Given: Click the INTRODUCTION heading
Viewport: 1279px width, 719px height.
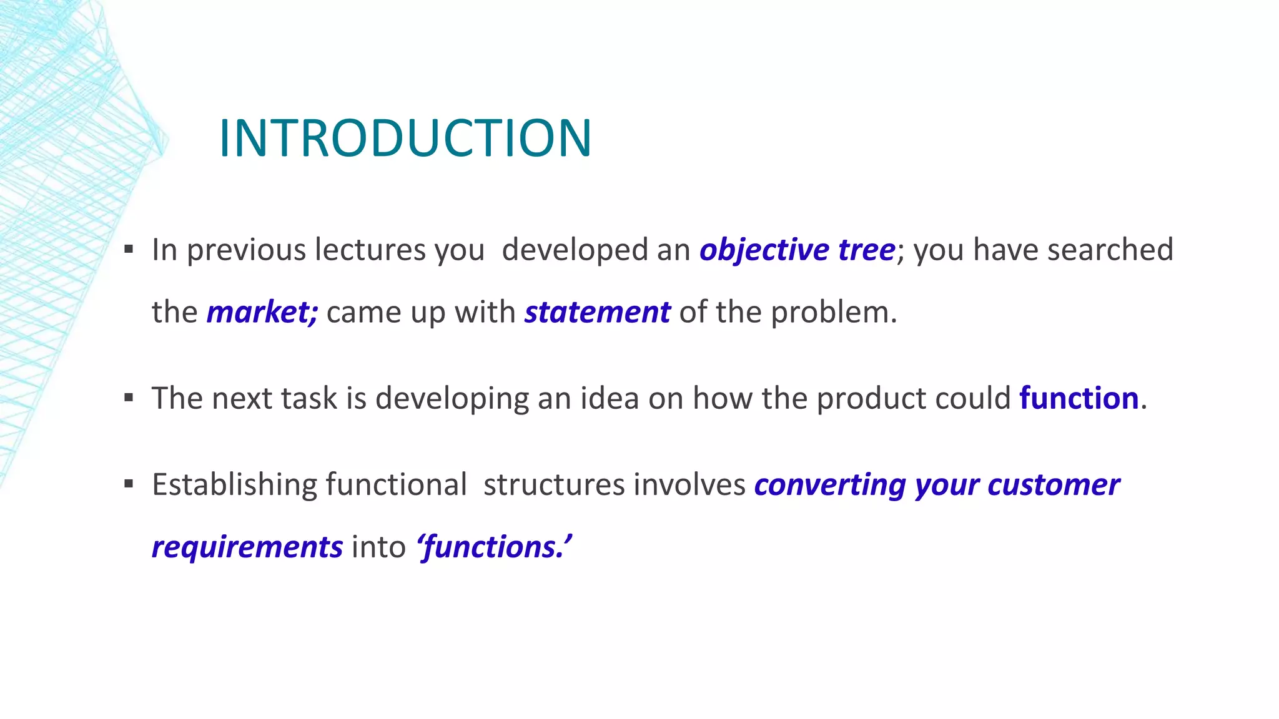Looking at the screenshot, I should [405, 138].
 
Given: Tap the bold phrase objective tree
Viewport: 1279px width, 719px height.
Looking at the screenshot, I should [798, 250].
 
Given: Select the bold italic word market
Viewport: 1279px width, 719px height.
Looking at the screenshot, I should [262, 312].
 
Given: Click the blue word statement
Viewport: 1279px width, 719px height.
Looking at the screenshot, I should [597, 312].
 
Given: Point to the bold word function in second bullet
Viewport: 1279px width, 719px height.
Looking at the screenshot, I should [1079, 398].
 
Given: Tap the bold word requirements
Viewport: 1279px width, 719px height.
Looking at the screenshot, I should [247, 547].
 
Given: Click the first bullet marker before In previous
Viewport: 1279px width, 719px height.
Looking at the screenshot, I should [129, 250].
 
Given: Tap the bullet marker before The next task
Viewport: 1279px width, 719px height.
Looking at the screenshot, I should [129, 398].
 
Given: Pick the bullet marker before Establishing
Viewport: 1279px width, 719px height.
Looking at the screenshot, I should [129, 484].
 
